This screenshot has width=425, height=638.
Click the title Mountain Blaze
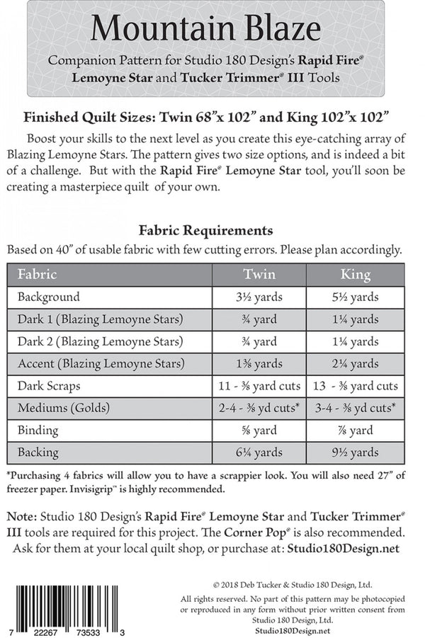point(205,29)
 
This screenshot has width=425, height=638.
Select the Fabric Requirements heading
point(205,230)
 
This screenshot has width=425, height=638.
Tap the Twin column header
point(259,274)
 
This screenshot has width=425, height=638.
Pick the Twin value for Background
point(259,297)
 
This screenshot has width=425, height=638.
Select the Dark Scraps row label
point(49,387)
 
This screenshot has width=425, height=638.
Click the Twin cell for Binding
point(259,431)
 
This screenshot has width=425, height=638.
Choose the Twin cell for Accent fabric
point(259,364)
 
